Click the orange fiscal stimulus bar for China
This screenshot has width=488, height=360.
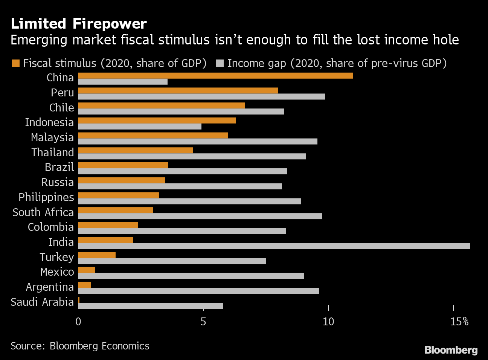click(215, 76)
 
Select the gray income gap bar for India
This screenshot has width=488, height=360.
click(274, 246)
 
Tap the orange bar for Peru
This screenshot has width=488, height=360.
click(178, 91)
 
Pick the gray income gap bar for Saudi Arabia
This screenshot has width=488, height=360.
click(150, 306)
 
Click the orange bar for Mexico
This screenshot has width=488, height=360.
click(87, 270)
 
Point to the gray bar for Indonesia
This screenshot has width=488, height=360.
click(139, 127)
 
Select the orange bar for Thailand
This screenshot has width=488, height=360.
click(135, 151)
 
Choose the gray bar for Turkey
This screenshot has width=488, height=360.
click(172, 261)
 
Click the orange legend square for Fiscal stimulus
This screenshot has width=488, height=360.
click(16, 63)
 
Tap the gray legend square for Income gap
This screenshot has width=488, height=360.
click(220, 63)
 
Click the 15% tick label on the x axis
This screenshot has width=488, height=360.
click(459, 322)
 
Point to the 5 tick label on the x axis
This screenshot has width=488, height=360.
click(203, 322)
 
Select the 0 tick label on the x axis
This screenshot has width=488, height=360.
click(78, 322)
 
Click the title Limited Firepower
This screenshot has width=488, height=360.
click(79, 24)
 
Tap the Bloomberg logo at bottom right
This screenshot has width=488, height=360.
click(451, 350)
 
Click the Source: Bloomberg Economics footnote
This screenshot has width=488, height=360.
click(80, 346)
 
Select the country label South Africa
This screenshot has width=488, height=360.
click(43, 212)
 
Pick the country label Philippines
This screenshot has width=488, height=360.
click(46, 197)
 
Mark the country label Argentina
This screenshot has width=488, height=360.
click(50, 287)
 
